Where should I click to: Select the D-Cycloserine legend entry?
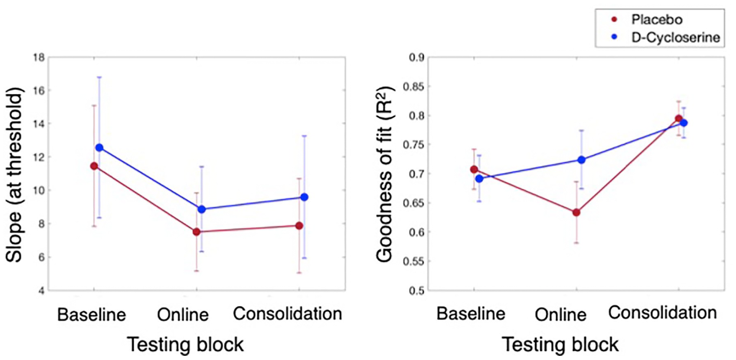point(666,37)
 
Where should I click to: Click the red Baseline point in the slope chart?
point(94,166)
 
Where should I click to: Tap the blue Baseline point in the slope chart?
point(99,148)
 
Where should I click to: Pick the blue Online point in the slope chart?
point(202,209)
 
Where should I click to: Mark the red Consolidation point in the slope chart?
point(299,226)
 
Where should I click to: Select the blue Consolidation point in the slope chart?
point(304,197)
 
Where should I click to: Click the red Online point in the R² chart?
point(577,212)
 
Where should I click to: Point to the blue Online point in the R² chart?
point(582,160)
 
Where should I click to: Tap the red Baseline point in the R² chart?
point(474,169)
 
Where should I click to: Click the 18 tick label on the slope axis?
point(40,57)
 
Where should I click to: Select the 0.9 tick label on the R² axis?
point(416,57)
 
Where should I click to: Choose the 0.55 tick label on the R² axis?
point(414,261)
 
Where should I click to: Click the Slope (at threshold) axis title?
point(14,175)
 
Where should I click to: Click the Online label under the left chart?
point(183,315)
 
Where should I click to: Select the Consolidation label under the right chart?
point(662,313)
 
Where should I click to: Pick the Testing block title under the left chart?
point(185,344)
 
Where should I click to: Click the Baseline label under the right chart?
point(471,314)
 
